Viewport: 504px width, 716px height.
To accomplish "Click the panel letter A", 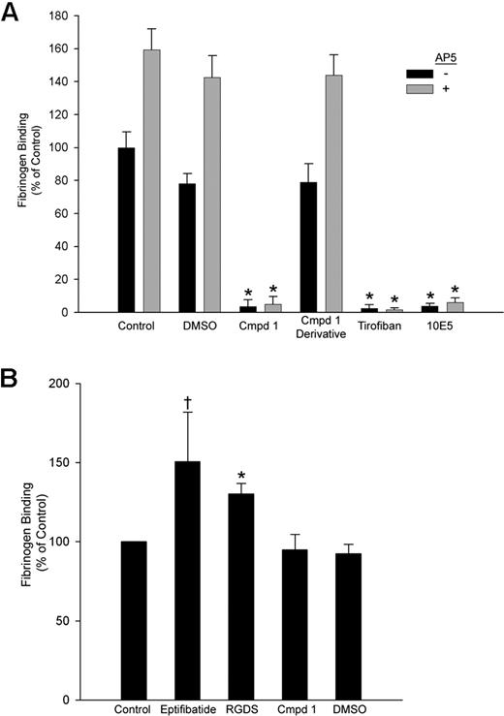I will coord(14,13).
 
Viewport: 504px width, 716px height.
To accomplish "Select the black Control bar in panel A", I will coord(127,230).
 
